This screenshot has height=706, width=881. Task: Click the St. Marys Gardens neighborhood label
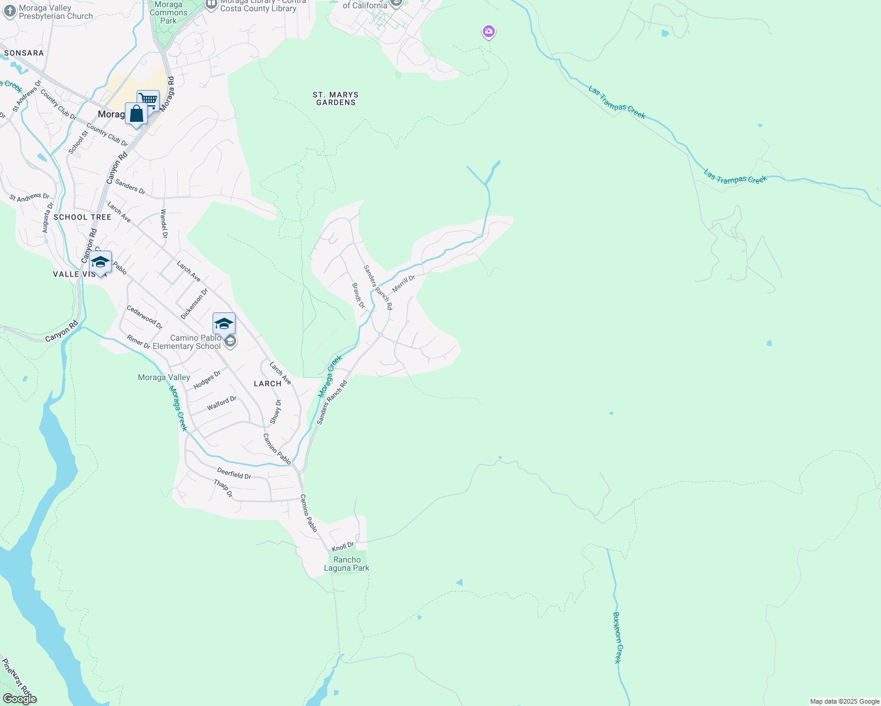pyautogui.click(x=336, y=98)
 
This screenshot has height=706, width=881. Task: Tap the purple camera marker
pyautogui.click(x=488, y=31)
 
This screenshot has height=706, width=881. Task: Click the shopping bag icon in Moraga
pyautogui.click(x=136, y=114)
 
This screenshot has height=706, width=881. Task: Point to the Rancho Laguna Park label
pyautogui.click(x=347, y=564)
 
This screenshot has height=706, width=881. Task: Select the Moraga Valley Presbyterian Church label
pyautogui.click(x=55, y=12)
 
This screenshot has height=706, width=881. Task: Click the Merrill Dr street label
pyautogui.click(x=404, y=283)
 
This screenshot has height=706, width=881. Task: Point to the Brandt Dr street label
pyautogui.click(x=359, y=295)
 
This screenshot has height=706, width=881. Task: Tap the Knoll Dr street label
pyautogui.click(x=343, y=547)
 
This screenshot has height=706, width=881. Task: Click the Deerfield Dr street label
pyautogui.click(x=234, y=473)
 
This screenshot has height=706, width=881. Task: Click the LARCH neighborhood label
pyautogui.click(x=267, y=384)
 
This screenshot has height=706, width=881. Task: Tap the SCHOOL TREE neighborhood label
pyautogui.click(x=82, y=217)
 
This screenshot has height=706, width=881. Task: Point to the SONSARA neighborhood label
pyautogui.click(x=24, y=53)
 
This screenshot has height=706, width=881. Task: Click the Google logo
pyautogui.click(x=20, y=699)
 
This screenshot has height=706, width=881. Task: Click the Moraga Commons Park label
pyautogui.click(x=168, y=12)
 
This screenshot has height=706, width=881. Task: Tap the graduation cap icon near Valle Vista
pyautogui.click(x=101, y=262)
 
